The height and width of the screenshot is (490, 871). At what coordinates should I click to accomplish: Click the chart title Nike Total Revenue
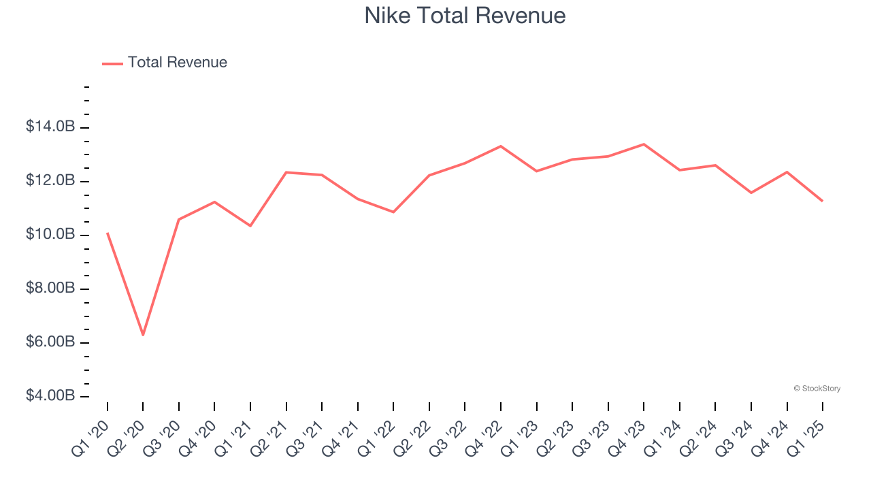pyautogui.click(x=465, y=16)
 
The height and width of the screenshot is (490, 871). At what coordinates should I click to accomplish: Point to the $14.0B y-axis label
pyautogui.click(x=50, y=127)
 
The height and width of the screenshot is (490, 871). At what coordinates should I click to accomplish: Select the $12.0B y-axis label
pyautogui.click(x=50, y=181)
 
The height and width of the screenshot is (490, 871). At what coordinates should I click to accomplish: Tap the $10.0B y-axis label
pyautogui.click(x=50, y=235)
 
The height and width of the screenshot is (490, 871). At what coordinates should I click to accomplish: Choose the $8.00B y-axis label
pyautogui.click(x=50, y=289)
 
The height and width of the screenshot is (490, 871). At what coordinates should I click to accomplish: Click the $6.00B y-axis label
pyautogui.click(x=50, y=342)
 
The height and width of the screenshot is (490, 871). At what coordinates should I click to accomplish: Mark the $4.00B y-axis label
pyautogui.click(x=50, y=396)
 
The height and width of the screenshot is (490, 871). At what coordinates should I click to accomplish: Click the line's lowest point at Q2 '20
pyautogui.click(x=143, y=335)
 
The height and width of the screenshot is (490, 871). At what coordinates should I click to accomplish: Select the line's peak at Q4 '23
pyautogui.click(x=644, y=144)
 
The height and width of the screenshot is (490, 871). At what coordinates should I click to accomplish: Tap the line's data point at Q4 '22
pyautogui.click(x=501, y=146)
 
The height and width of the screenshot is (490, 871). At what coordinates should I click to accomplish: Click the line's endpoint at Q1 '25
pyautogui.click(x=823, y=201)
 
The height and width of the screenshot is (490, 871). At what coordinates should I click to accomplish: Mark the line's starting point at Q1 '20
pyautogui.click(x=108, y=233)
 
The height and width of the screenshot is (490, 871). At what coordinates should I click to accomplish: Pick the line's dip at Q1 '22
pyautogui.click(x=393, y=212)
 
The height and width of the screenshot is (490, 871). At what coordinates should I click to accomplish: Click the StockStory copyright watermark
pyautogui.click(x=817, y=389)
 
